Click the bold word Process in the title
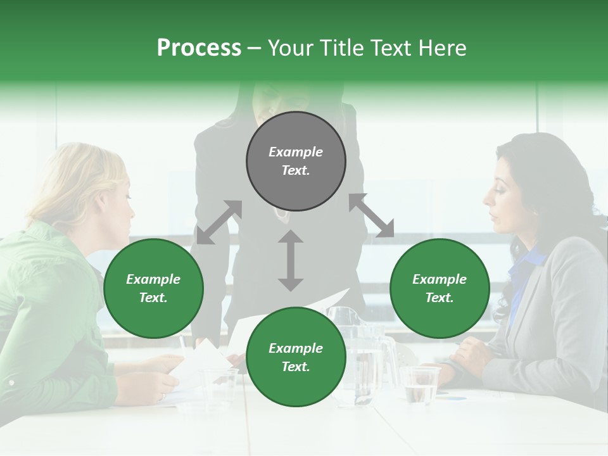(199, 48)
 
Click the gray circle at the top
(296, 161)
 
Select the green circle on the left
(153, 289)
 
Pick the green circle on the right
(440, 289)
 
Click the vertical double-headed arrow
(291, 260)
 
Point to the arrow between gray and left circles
(219, 222)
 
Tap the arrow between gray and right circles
(371, 215)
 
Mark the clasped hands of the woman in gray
(465, 355)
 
